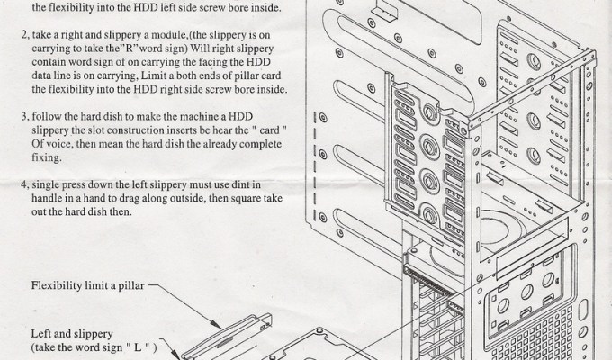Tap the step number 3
coord(24,117)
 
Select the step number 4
coord(24,184)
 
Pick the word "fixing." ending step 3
coord(47,158)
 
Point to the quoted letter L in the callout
coord(138,347)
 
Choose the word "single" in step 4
coord(45,185)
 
